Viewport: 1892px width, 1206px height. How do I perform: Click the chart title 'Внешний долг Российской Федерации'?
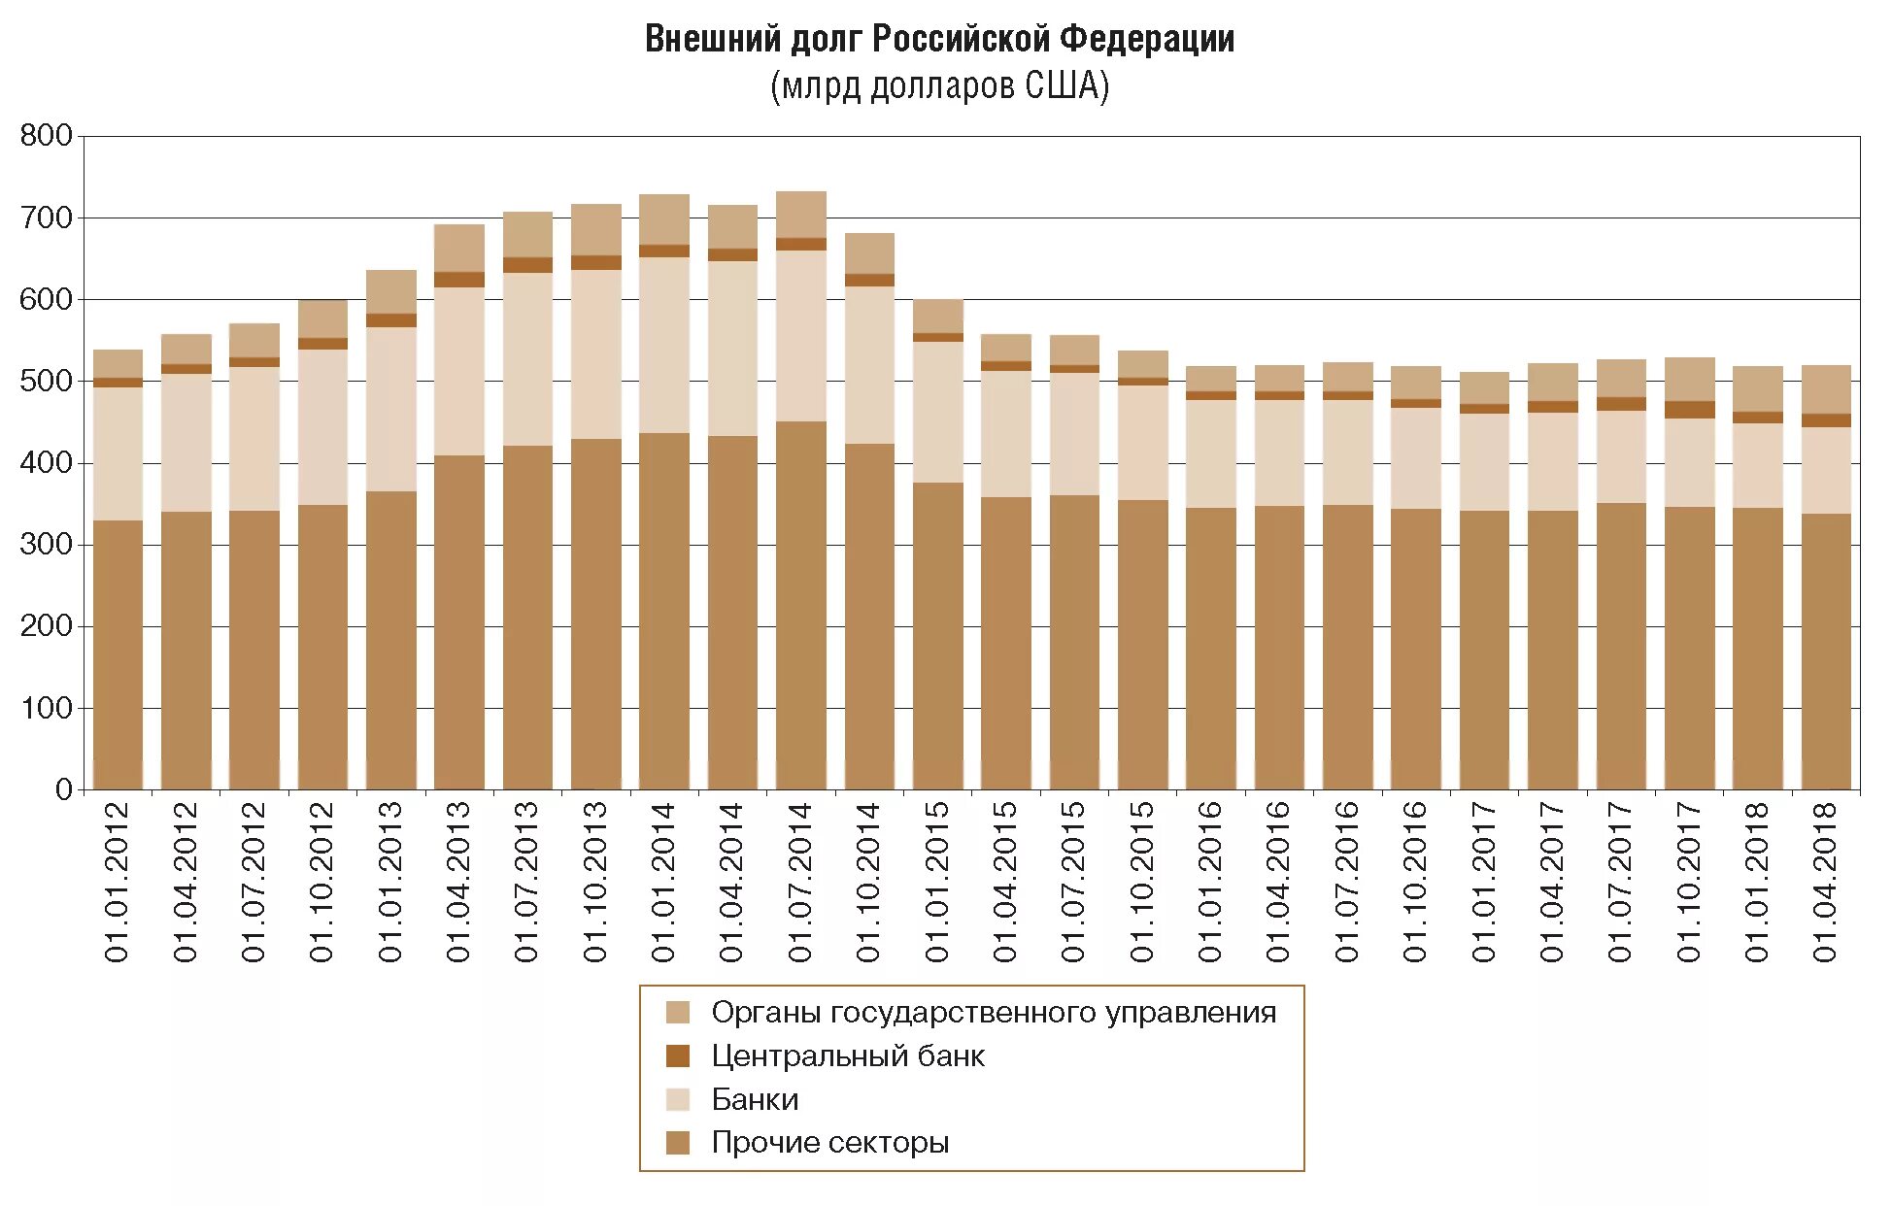[939, 40]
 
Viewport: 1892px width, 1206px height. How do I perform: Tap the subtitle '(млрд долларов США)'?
[939, 87]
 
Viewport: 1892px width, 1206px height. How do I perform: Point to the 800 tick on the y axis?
[46, 136]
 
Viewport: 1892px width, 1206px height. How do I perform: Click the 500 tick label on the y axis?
[46, 382]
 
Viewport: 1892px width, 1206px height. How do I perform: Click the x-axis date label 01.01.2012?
[118, 882]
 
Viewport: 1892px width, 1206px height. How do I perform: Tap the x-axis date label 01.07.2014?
[800, 882]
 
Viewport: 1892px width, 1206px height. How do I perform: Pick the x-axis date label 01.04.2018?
[1826, 882]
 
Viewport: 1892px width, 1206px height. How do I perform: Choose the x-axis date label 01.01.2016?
[1210, 882]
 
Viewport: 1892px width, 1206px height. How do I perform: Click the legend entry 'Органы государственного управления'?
[993, 1013]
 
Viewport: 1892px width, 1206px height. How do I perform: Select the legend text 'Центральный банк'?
[847, 1056]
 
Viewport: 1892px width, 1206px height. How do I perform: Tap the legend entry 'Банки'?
[755, 1099]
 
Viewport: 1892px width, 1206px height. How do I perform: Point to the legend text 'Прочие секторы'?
[829, 1143]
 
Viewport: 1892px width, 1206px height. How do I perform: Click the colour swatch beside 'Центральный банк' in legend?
[678, 1056]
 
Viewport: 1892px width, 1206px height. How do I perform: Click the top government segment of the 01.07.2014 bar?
[801, 215]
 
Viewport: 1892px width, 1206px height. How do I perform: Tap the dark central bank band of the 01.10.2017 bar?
[1690, 410]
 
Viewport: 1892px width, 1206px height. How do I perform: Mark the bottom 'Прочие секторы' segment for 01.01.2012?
[118, 655]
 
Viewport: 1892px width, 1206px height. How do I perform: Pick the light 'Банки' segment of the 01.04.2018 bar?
[1826, 470]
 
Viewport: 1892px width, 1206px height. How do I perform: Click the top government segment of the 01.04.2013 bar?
[459, 249]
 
